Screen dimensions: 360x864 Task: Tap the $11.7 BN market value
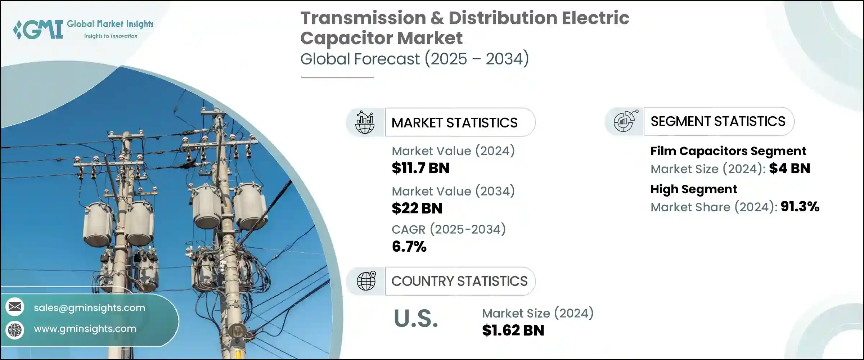[420, 168]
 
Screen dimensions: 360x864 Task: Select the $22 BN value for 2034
[417, 208]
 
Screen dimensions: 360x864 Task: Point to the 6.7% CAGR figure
[409, 247]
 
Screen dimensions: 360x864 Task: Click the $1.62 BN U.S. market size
[513, 330]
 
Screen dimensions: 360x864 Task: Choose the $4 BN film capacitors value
[789, 168]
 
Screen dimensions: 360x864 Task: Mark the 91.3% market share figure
[800, 207]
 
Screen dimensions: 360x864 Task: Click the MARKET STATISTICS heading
[454, 123]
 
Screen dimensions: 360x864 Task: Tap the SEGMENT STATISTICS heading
[718, 122]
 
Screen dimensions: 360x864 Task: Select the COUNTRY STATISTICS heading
[459, 281]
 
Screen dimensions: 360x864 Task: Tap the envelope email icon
[15, 307]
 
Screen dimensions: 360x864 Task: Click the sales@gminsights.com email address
[89, 308]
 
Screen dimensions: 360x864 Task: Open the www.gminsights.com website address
[85, 329]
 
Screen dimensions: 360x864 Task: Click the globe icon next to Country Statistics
[366, 281]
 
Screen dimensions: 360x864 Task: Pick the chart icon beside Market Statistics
[365, 122]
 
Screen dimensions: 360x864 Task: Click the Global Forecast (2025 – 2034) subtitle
[414, 59]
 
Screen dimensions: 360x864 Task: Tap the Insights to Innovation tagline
[111, 36]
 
